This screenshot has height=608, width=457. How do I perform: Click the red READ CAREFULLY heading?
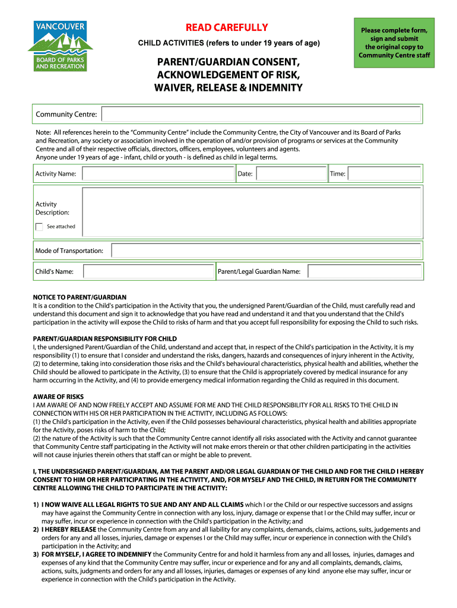pyautogui.click(x=227, y=27)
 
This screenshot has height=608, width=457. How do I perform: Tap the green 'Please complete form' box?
pyautogui.click(x=395, y=43)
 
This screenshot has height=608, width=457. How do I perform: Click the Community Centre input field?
pyautogui.click(x=261, y=114)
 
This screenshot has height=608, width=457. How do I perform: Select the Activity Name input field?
pyautogui.click(x=158, y=174)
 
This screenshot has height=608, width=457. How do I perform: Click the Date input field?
pyautogui.click(x=290, y=174)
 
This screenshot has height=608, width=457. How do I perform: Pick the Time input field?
pyautogui.click(x=385, y=174)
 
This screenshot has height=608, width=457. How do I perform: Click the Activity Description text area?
pyautogui.click(x=253, y=213)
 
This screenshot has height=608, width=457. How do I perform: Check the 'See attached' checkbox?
pyautogui.click(x=39, y=226)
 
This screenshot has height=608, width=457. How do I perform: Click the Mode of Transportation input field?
pyautogui.click(x=267, y=251)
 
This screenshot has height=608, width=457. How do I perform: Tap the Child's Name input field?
pyautogui.click(x=148, y=271)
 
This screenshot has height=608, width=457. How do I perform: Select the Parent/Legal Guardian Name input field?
pyautogui.click(x=366, y=271)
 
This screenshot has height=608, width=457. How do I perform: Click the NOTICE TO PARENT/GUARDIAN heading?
pyautogui.click(x=80, y=297)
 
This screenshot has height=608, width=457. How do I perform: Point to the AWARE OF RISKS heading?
pyautogui.click(x=58, y=396)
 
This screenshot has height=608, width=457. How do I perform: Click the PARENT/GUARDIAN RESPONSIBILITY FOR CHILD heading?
pyautogui.click(x=104, y=338)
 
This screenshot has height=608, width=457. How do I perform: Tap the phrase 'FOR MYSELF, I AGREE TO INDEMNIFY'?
pyautogui.click(x=96, y=554)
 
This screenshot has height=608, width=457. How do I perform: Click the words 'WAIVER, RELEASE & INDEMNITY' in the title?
pyautogui.click(x=228, y=88)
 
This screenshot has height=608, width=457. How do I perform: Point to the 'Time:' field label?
pyautogui.click(x=338, y=174)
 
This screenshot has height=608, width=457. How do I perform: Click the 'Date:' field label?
pyautogui.click(x=245, y=174)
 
